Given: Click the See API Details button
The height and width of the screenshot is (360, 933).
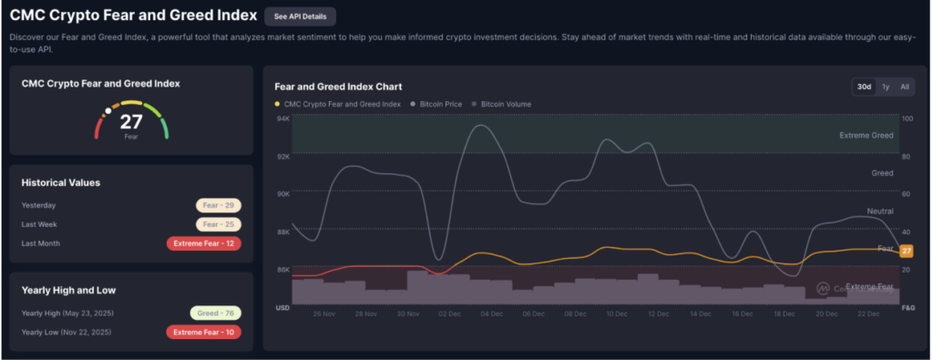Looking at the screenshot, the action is [x=300, y=16].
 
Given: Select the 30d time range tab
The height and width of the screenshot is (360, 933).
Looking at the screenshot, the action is [x=864, y=87].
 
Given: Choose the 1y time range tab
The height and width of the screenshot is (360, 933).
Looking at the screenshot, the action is [x=886, y=87].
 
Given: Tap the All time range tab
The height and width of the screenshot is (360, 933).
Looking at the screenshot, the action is [x=905, y=87].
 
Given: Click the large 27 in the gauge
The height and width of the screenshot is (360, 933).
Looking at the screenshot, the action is [x=131, y=122].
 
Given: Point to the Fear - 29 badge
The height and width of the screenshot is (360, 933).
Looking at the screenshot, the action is [x=219, y=205].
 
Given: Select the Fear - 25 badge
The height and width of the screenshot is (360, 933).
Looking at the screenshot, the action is [x=219, y=224].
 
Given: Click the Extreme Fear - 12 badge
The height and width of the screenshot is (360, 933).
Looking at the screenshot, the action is [x=203, y=243].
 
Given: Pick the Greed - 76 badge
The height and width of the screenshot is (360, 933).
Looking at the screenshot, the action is [x=215, y=313].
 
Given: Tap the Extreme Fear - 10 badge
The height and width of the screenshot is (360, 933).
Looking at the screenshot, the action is [x=203, y=332].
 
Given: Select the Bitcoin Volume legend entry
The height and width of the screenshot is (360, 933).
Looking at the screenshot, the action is [x=501, y=104].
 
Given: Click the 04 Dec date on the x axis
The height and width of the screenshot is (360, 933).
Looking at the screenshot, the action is [x=491, y=314].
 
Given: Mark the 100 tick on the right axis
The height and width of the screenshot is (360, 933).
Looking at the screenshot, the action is [x=907, y=118].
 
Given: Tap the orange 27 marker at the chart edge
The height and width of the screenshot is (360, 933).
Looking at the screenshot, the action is [x=907, y=252].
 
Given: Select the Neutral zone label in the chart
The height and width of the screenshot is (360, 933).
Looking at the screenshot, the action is [x=880, y=211].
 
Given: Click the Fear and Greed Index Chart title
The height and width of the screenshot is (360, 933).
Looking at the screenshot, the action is [x=338, y=87].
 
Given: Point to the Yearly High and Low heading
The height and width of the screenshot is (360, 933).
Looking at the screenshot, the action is [x=68, y=291].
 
